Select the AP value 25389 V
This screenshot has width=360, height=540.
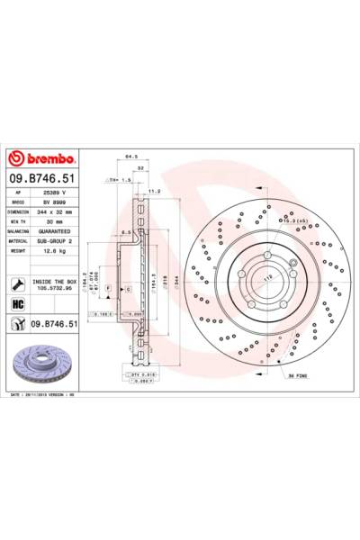click(59, 193)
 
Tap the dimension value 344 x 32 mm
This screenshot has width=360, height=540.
click(61, 212)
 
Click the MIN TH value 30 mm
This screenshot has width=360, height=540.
click(54, 222)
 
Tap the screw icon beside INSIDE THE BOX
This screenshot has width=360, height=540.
click(17, 283)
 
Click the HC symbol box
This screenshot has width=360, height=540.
click(17, 303)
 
